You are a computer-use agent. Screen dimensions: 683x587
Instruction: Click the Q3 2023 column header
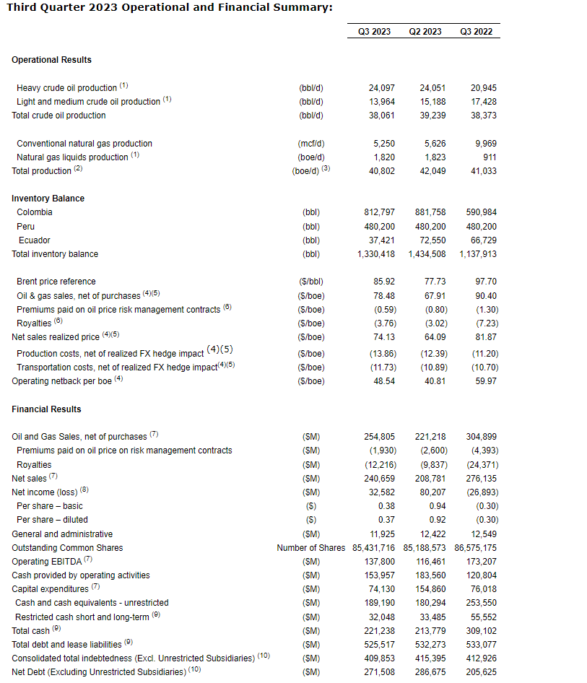coord(375,32)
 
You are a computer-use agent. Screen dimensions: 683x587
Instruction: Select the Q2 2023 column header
coord(425,32)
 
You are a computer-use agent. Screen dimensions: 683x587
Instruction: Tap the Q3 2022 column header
coord(476,32)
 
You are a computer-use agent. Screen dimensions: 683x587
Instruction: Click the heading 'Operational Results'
coord(51,60)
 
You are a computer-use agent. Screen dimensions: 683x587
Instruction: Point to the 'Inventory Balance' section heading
coord(48,199)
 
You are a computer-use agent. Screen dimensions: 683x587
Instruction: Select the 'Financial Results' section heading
coord(46,409)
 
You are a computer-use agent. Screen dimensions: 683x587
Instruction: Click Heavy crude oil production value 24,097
coord(382,88)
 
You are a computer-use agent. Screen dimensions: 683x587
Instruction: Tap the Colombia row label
coord(35,212)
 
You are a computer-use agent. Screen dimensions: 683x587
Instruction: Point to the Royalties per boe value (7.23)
coord(484,323)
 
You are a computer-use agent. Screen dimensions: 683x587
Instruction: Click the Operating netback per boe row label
coord(62,381)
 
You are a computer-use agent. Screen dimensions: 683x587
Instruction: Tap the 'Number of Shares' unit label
coord(311,548)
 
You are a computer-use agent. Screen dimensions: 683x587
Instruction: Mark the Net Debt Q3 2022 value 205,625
coord(481,672)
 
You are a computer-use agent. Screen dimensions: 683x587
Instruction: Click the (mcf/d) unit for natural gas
coord(311,144)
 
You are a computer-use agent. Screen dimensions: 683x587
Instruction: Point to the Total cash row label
coord(31,631)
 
